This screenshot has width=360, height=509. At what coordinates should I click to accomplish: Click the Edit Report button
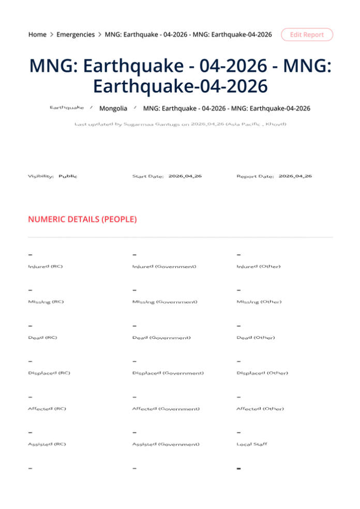point(307,35)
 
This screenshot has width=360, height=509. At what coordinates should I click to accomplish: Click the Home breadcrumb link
point(37,35)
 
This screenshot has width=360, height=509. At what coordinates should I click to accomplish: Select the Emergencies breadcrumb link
point(76,35)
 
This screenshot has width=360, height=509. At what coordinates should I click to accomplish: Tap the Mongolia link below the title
point(113,109)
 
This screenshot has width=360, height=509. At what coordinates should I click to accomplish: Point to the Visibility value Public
point(68,177)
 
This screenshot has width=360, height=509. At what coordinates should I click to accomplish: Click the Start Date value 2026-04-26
point(185,176)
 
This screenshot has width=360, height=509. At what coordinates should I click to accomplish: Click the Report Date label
point(255,177)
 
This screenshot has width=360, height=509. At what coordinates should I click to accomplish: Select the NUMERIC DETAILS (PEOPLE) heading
point(82,220)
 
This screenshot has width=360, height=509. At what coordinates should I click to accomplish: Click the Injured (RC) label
point(46,267)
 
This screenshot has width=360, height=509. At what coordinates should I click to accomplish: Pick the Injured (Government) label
point(164,267)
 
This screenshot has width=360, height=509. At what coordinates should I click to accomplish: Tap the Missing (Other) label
point(259,302)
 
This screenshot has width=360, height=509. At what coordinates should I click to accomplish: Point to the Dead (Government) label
point(161,338)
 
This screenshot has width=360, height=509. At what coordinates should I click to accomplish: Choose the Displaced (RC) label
point(49,373)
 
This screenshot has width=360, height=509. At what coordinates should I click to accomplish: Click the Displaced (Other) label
point(262,373)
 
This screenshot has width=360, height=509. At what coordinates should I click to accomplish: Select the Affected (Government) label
point(166,409)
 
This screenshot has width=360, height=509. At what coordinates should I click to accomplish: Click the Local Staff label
point(252,444)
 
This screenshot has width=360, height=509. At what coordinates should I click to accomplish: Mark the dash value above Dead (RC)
point(31,327)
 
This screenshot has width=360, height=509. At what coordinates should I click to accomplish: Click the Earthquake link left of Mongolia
point(67,107)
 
